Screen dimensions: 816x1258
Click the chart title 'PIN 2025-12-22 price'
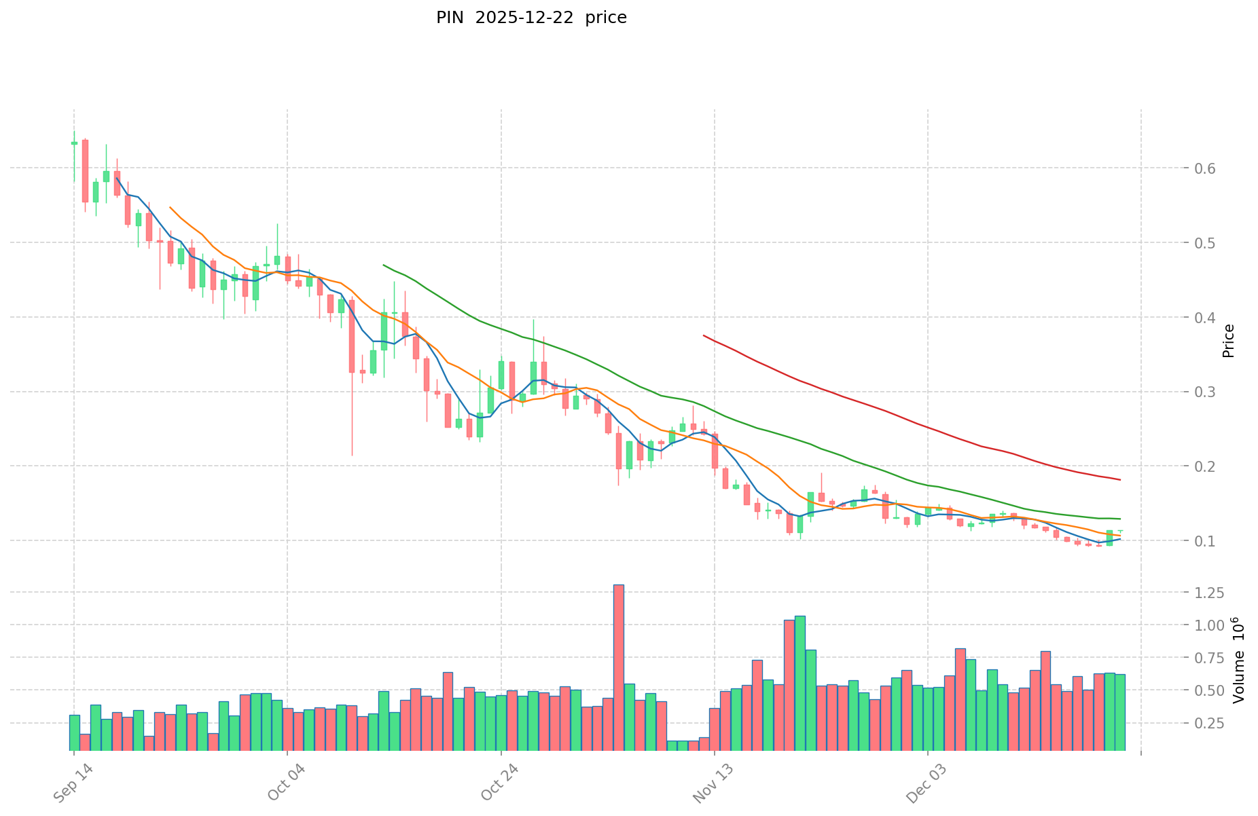pyautogui.click(x=531, y=18)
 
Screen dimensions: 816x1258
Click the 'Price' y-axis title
pyautogui.click(x=1228, y=341)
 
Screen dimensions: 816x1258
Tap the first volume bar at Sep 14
pyautogui.click(x=74, y=732)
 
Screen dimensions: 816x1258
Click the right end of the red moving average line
pyautogui.click(x=1119, y=480)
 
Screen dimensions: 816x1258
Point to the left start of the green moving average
pyautogui.click(x=383, y=265)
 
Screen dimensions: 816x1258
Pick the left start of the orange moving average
pyautogui.click(x=170, y=207)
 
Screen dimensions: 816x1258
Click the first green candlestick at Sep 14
pyautogui.click(x=74, y=143)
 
